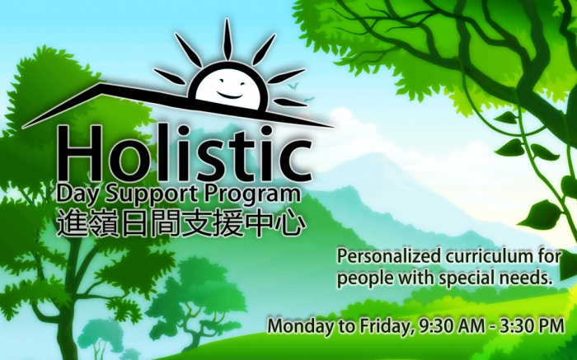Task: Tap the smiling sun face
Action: pyautogui.click(x=228, y=87)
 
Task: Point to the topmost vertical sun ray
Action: pyautogui.click(x=228, y=39)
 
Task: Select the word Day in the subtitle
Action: pyautogui.click(x=74, y=194)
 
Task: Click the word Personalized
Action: pyautogui.click(x=389, y=257)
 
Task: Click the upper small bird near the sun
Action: pyautogui.click(x=293, y=86)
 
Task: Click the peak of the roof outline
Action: pyautogui.click(x=101, y=84)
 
